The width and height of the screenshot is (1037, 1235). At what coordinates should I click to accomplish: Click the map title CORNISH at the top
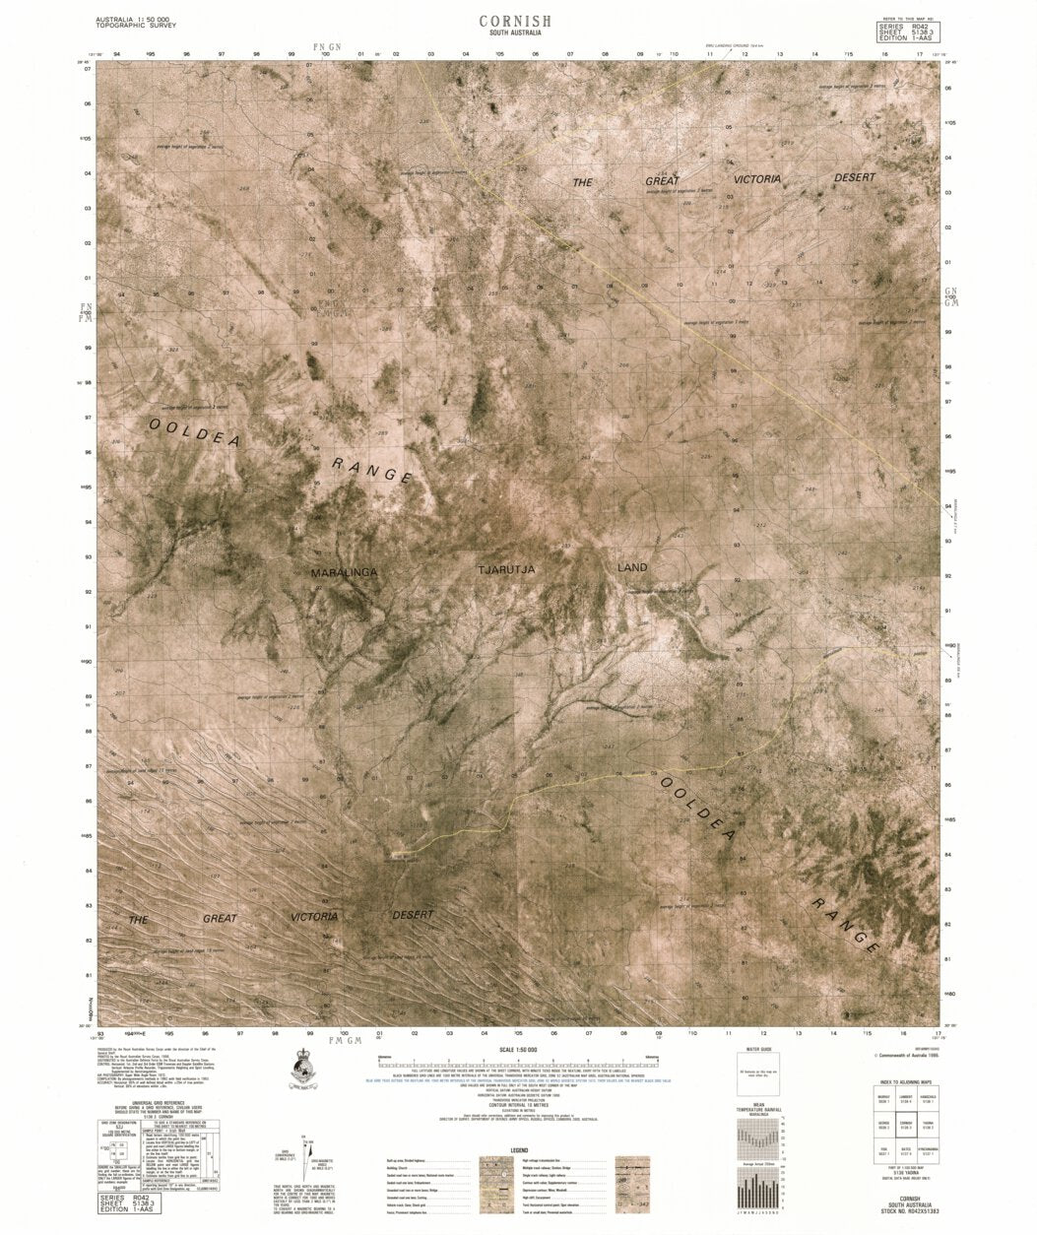[515, 21]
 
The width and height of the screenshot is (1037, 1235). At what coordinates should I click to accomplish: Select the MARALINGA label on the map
[345, 572]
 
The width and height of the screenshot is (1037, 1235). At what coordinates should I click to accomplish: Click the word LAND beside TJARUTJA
[632, 567]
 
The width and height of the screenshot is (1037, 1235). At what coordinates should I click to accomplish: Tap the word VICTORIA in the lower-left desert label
[313, 916]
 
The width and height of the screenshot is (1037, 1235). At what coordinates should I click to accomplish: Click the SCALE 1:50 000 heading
[519, 1051]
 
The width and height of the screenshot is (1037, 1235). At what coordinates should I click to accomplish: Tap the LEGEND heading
[519, 1151]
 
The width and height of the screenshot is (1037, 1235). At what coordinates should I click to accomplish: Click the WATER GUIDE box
[758, 1072]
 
